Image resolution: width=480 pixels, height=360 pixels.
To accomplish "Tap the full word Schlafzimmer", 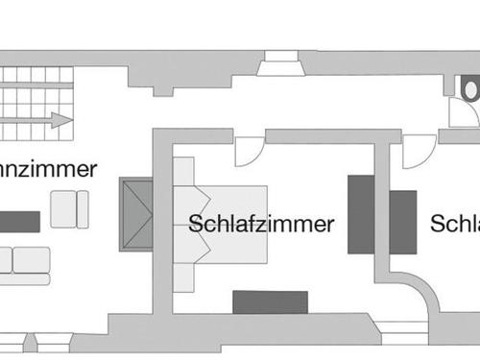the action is (261, 225).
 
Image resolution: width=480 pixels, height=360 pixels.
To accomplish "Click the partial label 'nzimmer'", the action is (48, 170).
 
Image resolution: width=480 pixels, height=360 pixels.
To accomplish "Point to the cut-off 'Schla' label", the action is (455, 225).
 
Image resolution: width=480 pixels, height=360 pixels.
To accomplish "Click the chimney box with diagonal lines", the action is (136, 214).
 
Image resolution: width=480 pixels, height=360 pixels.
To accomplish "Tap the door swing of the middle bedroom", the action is (248, 151).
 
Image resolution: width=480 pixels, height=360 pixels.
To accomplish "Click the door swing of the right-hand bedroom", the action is (419, 151).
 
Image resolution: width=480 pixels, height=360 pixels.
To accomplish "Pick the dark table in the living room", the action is (19, 222).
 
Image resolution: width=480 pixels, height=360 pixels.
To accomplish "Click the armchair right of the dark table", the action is (69, 209).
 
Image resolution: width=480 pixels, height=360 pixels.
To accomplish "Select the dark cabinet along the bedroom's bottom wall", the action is (270, 301).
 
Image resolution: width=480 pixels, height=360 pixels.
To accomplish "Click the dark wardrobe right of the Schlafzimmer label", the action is (360, 212).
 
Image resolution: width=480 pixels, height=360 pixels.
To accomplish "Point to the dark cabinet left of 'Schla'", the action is (402, 221).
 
